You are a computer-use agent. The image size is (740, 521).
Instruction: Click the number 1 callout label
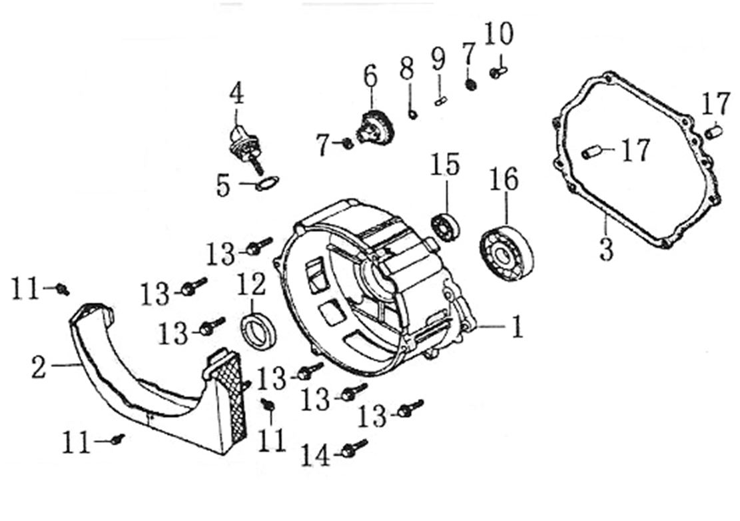516,327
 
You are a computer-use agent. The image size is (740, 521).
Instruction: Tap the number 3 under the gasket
605,249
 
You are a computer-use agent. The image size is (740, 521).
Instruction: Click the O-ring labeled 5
266,184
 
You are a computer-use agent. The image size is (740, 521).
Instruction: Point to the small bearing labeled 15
442,224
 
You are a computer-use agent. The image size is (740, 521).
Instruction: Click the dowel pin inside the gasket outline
591,153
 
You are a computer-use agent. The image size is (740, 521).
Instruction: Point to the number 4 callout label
236,94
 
